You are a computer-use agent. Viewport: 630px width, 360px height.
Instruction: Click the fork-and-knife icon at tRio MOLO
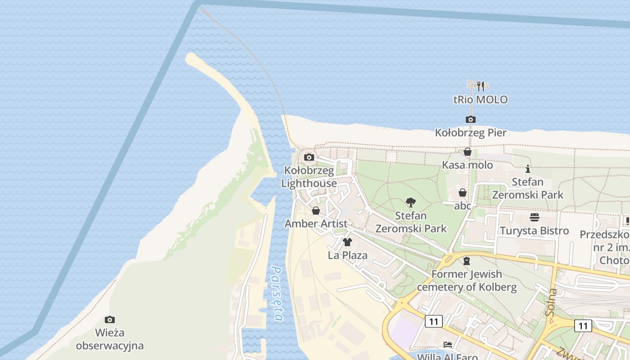[x=480, y=86]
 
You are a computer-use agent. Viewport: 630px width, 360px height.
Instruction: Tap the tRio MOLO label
[x=481, y=99]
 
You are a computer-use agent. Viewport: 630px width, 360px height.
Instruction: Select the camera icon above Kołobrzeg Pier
[x=470, y=119]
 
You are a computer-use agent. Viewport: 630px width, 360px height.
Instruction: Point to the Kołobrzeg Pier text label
[x=471, y=133]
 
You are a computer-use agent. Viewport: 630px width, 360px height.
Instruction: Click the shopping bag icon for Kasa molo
[x=468, y=152]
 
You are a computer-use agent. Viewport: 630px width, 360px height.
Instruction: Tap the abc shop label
[x=463, y=206]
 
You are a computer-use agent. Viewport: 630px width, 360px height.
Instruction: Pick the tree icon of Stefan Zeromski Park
[x=410, y=202]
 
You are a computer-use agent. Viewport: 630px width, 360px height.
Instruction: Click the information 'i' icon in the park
[x=528, y=169]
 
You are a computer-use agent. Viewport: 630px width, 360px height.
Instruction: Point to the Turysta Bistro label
[x=535, y=231]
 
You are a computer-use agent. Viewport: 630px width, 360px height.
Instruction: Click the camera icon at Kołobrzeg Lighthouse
[x=309, y=157]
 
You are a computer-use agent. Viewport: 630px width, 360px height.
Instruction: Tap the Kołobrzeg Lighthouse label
[x=309, y=177]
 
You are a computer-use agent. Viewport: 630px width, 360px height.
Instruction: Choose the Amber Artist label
[x=316, y=224]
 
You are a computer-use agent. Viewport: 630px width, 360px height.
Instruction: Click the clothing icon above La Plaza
[x=347, y=242]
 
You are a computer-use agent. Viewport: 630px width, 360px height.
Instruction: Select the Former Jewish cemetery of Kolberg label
[x=467, y=280]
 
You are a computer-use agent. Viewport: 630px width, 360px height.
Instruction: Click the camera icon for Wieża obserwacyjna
[x=109, y=319]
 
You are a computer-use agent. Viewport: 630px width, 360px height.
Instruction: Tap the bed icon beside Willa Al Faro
[x=448, y=345]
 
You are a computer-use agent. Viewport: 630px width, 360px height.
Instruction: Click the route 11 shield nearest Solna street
[x=583, y=325]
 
